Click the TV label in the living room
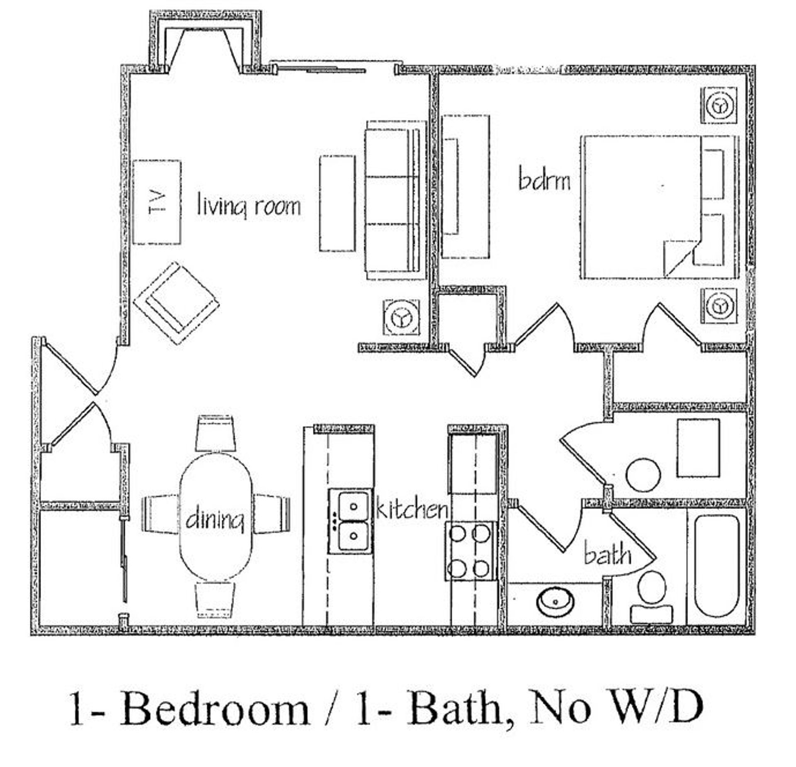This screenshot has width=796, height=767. click(x=156, y=201)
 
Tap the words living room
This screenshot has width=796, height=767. click(x=249, y=206)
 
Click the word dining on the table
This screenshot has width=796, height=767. click(x=214, y=520)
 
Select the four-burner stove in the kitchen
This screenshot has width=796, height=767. click(x=470, y=551)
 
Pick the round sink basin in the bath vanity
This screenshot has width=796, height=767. click(x=556, y=602)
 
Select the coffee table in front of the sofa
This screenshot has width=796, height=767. click(x=337, y=203)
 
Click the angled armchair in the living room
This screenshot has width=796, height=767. click(x=176, y=303)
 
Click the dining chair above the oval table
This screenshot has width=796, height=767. click(x=216, y=434)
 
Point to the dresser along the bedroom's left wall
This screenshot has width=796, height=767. click(x=465, y=187)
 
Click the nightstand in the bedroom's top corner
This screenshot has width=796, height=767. click(x=718, y=105)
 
